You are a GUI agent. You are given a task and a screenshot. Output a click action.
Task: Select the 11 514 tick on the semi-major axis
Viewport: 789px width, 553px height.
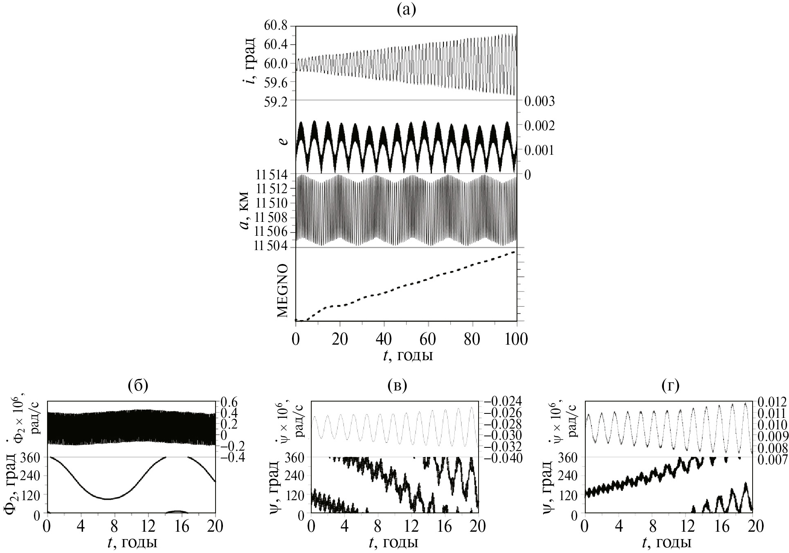pos(272,176)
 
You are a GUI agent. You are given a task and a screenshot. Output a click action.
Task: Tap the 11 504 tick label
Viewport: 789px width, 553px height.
pos(272,246)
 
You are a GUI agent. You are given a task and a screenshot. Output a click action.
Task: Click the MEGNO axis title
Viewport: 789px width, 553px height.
pos(283,290)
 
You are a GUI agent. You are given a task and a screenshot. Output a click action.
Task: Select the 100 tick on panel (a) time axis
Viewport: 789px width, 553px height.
pos(517,339)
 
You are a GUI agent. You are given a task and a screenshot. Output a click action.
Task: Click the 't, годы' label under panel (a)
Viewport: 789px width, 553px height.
pos(408,355)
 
